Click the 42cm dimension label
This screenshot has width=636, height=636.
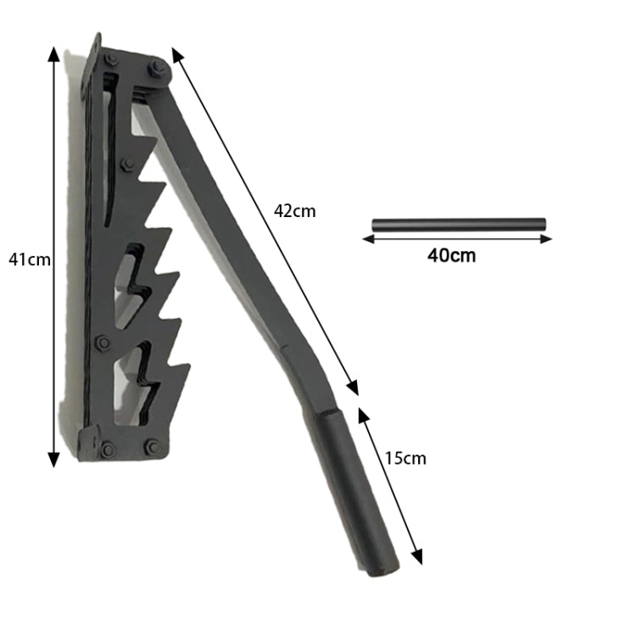click(x=294, y=211)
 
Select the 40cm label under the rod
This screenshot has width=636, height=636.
click(x=451, y=255)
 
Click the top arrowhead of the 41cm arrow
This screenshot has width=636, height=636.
click(x=53, y=54)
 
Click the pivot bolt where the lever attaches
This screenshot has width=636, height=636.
click(x=156, y=68)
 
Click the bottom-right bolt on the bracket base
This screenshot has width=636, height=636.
click(x=152, y=446)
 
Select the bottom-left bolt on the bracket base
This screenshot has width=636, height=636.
click(x=108, y=449)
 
